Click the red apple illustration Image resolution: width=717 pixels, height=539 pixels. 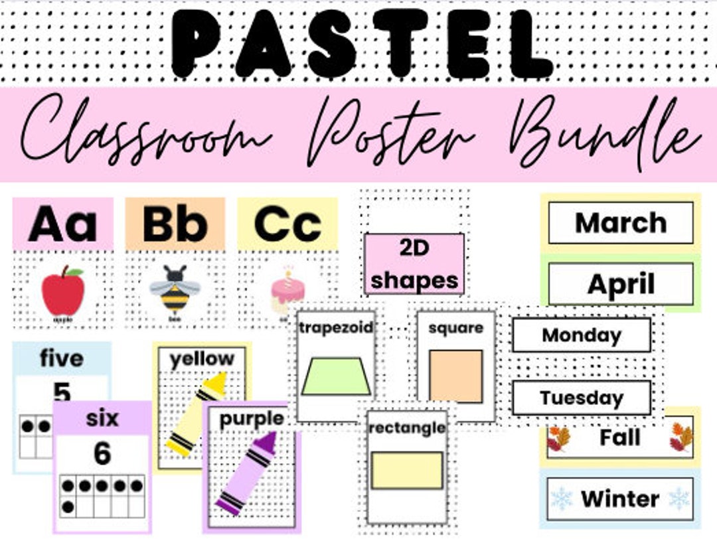point(63,291)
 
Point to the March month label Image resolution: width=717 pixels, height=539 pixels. point(620,223)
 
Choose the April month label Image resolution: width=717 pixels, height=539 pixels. point(620,284)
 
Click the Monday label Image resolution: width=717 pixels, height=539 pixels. point(582,335)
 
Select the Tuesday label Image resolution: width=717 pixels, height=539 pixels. point(582,398)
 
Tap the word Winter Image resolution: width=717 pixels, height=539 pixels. point(620,499)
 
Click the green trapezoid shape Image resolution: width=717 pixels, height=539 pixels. point(335,376)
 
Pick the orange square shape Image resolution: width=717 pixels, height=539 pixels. point(455,376)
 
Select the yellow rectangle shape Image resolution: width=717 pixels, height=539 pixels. point(407,470)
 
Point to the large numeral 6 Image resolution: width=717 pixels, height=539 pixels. point(102,454)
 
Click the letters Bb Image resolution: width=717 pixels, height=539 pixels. point(175,224)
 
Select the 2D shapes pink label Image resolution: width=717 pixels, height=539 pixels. point(414,264)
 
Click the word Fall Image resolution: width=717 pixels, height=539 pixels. point(620,437)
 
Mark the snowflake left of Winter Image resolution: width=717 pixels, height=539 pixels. point(562,499)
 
